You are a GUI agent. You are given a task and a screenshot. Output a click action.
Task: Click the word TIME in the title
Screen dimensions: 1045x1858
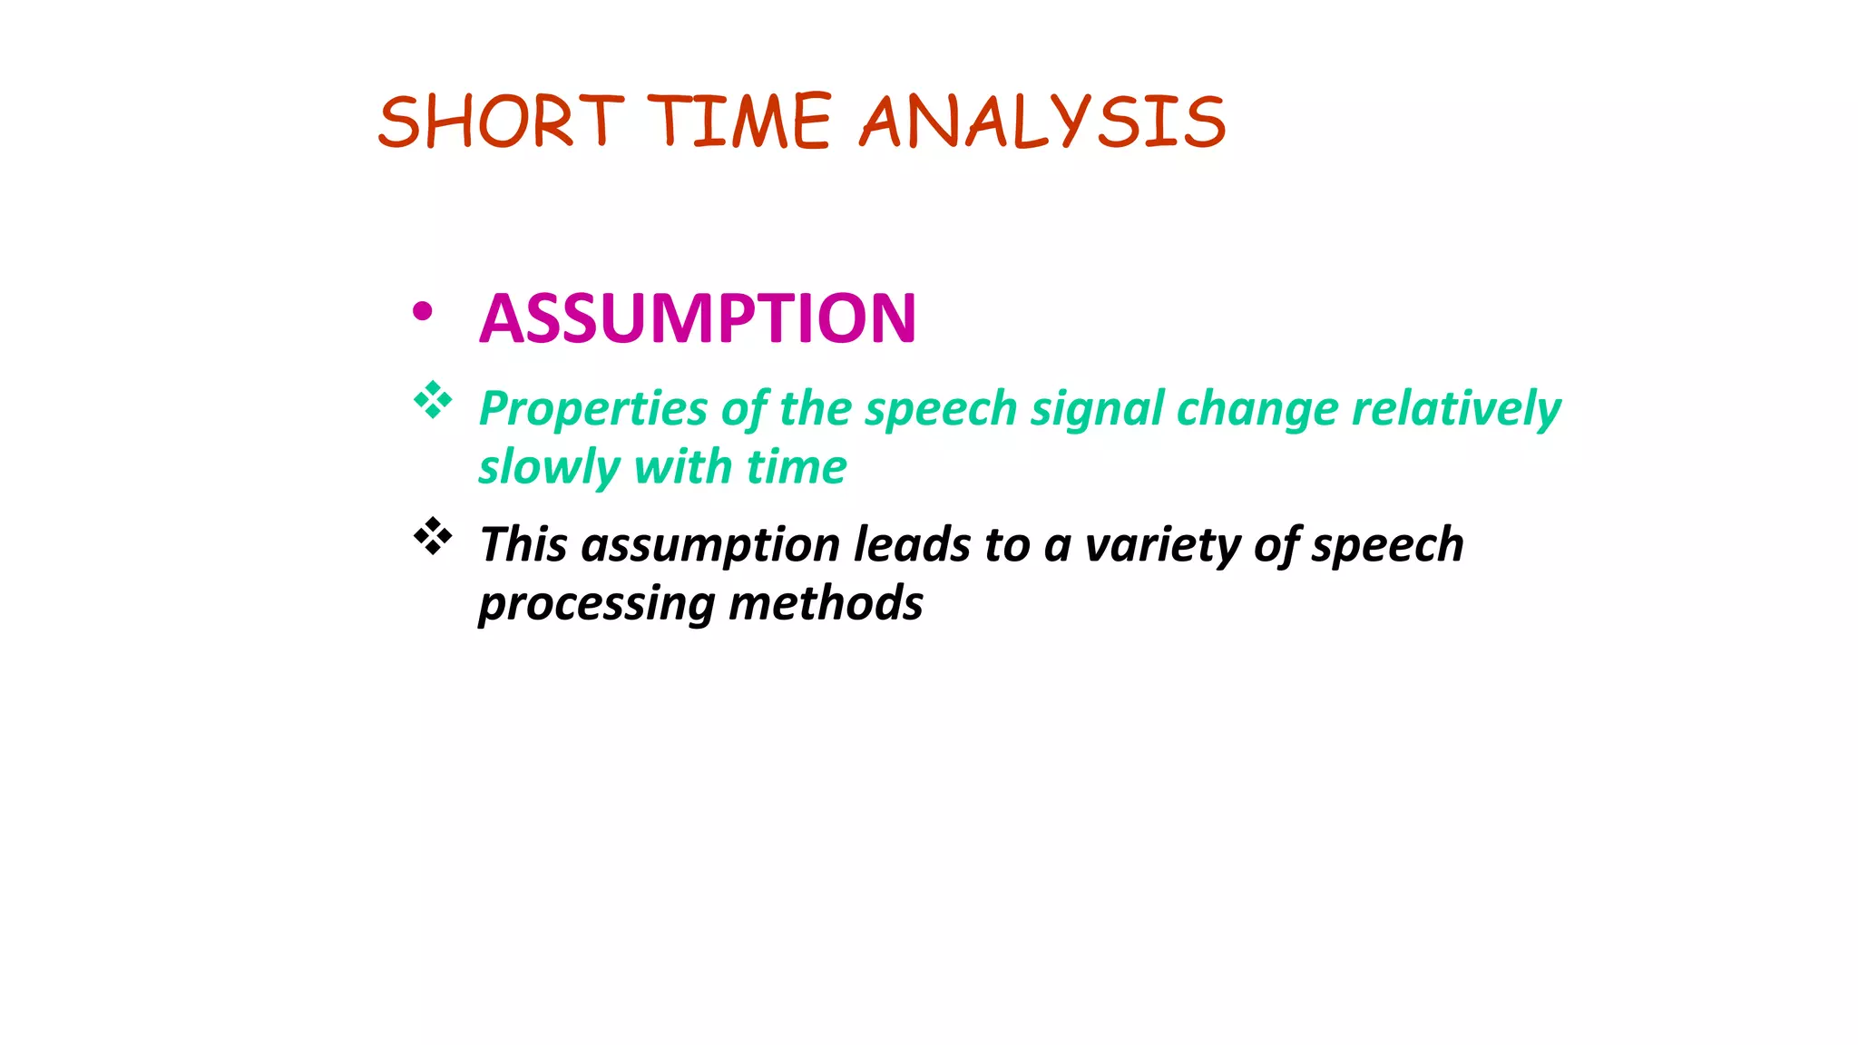(739, 122)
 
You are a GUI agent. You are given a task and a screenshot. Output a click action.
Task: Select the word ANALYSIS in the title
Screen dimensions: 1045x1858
(1043, 122)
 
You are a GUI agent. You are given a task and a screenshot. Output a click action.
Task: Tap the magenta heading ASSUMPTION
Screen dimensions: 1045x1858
(698, 318)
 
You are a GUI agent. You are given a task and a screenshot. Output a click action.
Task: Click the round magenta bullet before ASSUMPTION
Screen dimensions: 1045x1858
(422, 312)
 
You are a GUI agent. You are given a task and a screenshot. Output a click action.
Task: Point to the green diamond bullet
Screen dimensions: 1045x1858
(433, 400)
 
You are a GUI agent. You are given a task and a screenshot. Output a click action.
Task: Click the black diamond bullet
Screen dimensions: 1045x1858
(433, 536)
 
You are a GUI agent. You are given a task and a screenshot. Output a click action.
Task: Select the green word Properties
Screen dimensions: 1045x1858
(592, 409)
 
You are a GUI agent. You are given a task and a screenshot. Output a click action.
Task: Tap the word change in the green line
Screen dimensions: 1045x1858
(1257, 409)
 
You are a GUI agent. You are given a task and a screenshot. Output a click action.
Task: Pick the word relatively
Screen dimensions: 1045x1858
(1456, 409)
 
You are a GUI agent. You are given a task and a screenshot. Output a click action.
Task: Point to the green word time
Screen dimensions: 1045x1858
(796, 468)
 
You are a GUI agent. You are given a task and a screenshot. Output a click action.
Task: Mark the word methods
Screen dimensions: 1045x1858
(826, 603)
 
